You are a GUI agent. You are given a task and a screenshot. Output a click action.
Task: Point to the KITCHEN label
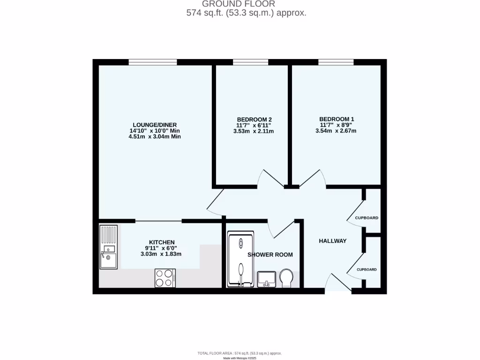pos(162,242)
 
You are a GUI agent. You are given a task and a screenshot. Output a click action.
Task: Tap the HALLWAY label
pos(332,241)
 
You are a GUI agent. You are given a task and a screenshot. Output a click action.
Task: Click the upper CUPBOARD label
pos(367,218)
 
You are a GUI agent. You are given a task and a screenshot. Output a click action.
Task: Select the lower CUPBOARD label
pos(367,270)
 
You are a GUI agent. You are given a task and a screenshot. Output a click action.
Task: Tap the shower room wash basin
pos(266,278)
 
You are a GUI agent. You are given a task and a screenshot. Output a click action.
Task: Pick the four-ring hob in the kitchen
pos(165,278)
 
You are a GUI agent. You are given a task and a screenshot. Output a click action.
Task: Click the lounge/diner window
pos(153,62)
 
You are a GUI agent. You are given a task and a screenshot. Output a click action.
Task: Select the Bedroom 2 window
pos(250,62)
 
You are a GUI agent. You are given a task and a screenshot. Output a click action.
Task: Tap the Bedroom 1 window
pos(336,62)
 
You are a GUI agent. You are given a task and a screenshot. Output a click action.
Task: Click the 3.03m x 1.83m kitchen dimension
pos(161,254)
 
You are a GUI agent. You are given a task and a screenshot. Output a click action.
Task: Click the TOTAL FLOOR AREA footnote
pos(240,353)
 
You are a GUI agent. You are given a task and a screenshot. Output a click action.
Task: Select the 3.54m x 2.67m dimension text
pos(336,131)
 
